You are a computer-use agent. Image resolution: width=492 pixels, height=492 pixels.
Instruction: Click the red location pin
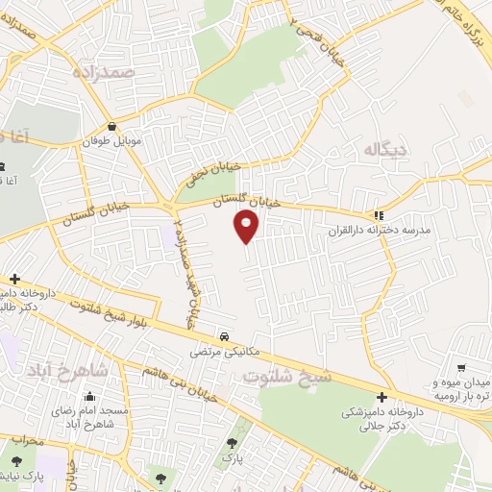click(x=247, y=226)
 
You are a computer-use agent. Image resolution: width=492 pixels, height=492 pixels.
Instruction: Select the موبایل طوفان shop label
click(x=114, y=141)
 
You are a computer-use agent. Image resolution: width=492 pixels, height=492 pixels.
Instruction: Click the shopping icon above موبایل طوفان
click(x=113, y=126)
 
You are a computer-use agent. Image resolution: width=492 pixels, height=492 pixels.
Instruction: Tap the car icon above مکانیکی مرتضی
click(x=224, y=337)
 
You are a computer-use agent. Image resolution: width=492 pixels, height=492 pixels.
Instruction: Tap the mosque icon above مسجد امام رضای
click(x=90, y=396)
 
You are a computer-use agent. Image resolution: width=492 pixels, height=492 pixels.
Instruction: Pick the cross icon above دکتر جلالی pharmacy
click(x=382, y=397)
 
